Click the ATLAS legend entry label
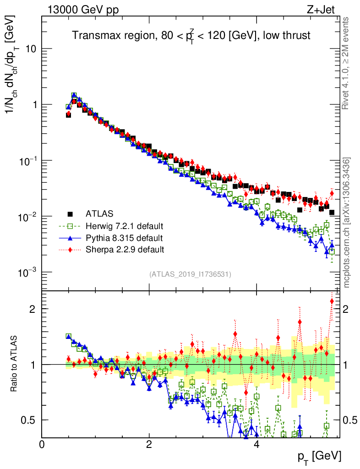(99, 213)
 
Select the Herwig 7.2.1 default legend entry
(124, 226)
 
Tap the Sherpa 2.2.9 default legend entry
(125, 250)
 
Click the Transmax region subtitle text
(191, 35)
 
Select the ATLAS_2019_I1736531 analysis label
(190, 274)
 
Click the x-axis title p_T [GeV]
(319, 456)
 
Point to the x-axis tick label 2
(149, 445)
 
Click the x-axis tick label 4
(257, 445)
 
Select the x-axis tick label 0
(42, 445)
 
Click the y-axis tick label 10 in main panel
(31, 49)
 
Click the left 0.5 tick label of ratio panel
(30, 420)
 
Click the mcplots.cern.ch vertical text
(347, 222)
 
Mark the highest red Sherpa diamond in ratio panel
(332, 301)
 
